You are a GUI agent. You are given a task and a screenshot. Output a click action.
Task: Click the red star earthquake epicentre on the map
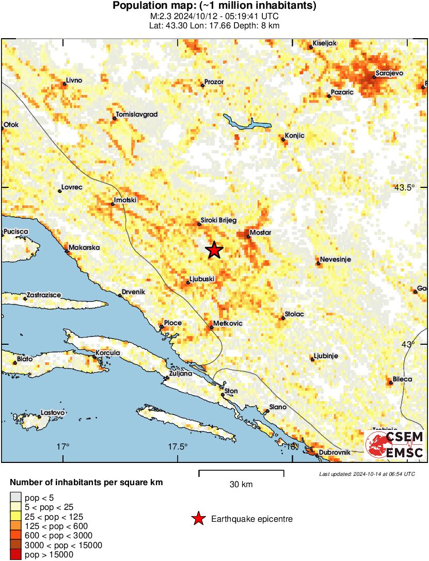pos(214,250)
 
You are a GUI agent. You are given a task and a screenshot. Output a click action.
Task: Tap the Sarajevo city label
pos(389,73)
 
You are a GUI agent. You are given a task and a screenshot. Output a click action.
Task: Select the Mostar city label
pos(260,233)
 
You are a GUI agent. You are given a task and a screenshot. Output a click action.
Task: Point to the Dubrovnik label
pos(335,452)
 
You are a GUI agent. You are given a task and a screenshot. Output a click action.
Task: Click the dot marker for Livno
pos(65,84)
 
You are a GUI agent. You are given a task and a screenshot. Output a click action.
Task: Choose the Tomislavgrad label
pos(137,114)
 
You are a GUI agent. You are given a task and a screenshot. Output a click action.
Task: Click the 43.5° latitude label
pos(404,187)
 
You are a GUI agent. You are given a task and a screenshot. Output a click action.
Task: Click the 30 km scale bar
pos(241,471)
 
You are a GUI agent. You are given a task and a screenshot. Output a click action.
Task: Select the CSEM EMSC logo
pos(395,445)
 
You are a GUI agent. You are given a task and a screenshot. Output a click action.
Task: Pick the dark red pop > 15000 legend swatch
pos(16,555)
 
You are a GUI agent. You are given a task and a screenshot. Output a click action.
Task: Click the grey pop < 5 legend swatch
pos(16,497)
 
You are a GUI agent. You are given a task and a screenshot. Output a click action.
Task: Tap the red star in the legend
pos(198,519)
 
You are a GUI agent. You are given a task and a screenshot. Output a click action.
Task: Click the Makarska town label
pos(84,248)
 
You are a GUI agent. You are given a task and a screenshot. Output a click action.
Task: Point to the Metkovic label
pos(229,324)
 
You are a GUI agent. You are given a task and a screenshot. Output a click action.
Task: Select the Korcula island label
pos(108,353)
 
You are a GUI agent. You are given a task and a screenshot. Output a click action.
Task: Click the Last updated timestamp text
pos(367,474)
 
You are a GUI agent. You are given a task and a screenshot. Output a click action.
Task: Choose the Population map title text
pos(214,6)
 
